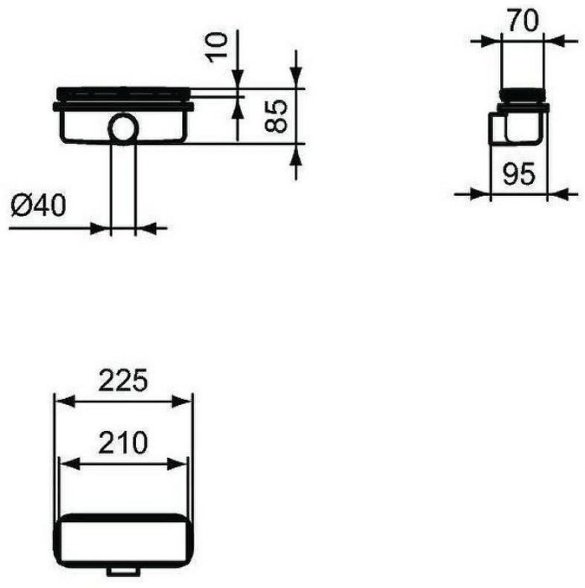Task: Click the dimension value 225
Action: (x=123, y=381)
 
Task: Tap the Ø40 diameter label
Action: (x=39, y=204)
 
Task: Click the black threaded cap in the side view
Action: (x=523, y=95)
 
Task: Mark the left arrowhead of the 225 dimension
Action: (x=60, y=402)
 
